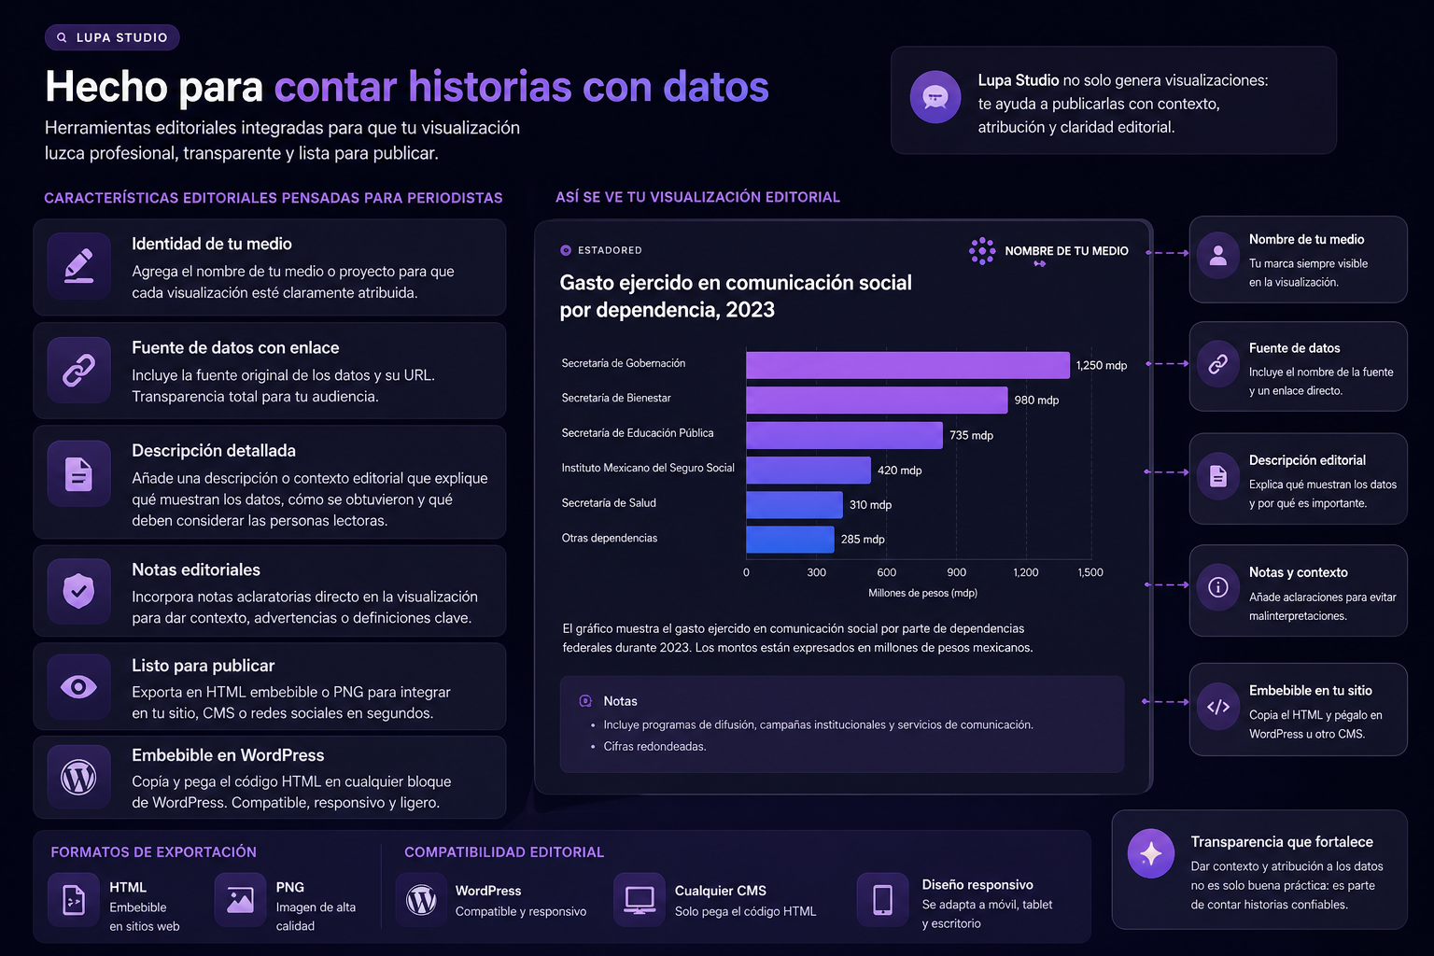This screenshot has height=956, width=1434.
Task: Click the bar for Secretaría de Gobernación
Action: (x=907, y=365)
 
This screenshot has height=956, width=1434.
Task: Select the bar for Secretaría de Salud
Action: (x=794, y=504)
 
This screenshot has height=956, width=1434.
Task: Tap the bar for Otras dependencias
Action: (x=790, y=540)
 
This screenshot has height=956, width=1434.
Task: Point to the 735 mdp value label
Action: (x=971, y=435)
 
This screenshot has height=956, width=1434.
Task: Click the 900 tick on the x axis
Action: (x=956, y=572)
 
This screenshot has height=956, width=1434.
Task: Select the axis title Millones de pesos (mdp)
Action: (x=922, y=593)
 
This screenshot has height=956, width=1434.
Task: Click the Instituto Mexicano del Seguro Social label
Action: (x=648, y=468)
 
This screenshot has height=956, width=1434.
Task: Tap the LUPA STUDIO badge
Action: (x=112, y=37)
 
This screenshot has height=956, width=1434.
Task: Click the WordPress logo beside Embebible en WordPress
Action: (x=78, y=777)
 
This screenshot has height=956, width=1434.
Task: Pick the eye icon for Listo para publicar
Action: (x=78, y=687)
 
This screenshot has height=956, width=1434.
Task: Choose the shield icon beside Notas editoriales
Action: (x=78, y=590)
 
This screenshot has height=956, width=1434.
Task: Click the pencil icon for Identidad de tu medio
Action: (x=78, y=266)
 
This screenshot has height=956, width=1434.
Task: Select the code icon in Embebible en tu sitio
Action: (x=1218, y=707)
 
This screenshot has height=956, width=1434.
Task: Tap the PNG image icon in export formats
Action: (x=240, y=900)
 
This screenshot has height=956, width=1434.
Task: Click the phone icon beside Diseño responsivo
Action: (x=882, y=900)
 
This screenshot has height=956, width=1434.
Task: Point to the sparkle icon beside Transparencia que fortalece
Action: (x=1151, y=853)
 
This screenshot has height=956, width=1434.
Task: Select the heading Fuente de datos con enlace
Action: (x=235, y=347)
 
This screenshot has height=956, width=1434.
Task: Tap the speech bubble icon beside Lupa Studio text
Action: (x=935, y=97)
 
